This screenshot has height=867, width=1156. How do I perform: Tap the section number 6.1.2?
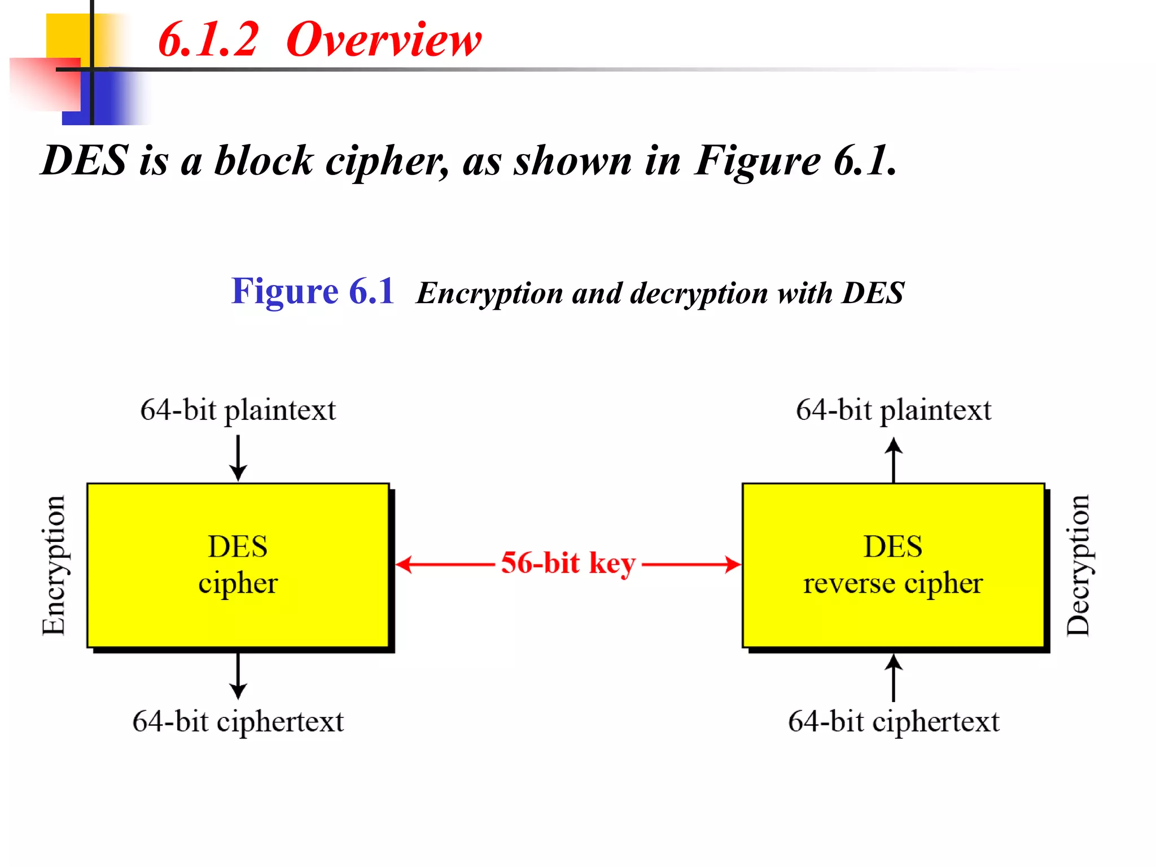[x=208, y=40]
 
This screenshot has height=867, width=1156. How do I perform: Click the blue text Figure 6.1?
[x=312, y=292]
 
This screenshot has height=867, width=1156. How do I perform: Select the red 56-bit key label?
[x=568, y=563]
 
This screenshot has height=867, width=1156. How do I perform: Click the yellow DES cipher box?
[x=238, y=565]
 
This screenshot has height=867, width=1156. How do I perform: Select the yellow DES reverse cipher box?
[x=893, y=565]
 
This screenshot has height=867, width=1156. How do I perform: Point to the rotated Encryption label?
[x=54, y=565]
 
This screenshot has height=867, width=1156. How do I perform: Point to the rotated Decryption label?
[x=1078, y=565]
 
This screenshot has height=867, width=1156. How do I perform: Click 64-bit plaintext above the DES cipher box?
[x=238, y=410]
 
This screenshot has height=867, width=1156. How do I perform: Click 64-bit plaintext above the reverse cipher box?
[x=893, y=410]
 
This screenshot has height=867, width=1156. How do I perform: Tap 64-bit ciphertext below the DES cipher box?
[x=238, y=721]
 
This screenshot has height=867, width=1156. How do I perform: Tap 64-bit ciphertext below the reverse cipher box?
[x=893, y=721]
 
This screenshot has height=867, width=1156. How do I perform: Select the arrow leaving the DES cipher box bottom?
[x=238, y=676]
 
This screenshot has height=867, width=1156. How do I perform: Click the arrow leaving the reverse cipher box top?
[x=893, y=459]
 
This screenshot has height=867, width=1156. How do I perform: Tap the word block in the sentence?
[x=264, y=161]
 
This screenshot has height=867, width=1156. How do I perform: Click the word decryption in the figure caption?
[x=699, y=294]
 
